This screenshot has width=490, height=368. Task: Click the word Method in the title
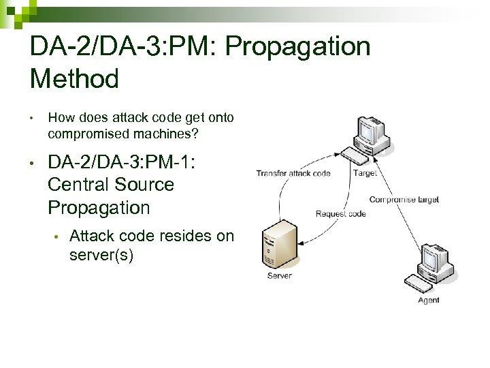click(x=75, y=79)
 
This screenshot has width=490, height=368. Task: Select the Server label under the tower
click(x=279, y=276)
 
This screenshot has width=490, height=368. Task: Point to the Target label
click(x=365, y=173)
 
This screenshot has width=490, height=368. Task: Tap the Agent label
click(x=429, y=300)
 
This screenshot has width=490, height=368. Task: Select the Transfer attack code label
click(x=293, y=173)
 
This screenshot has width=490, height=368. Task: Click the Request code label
click(x=340, y=214)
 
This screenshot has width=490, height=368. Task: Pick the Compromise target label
click(x=404, y=200)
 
